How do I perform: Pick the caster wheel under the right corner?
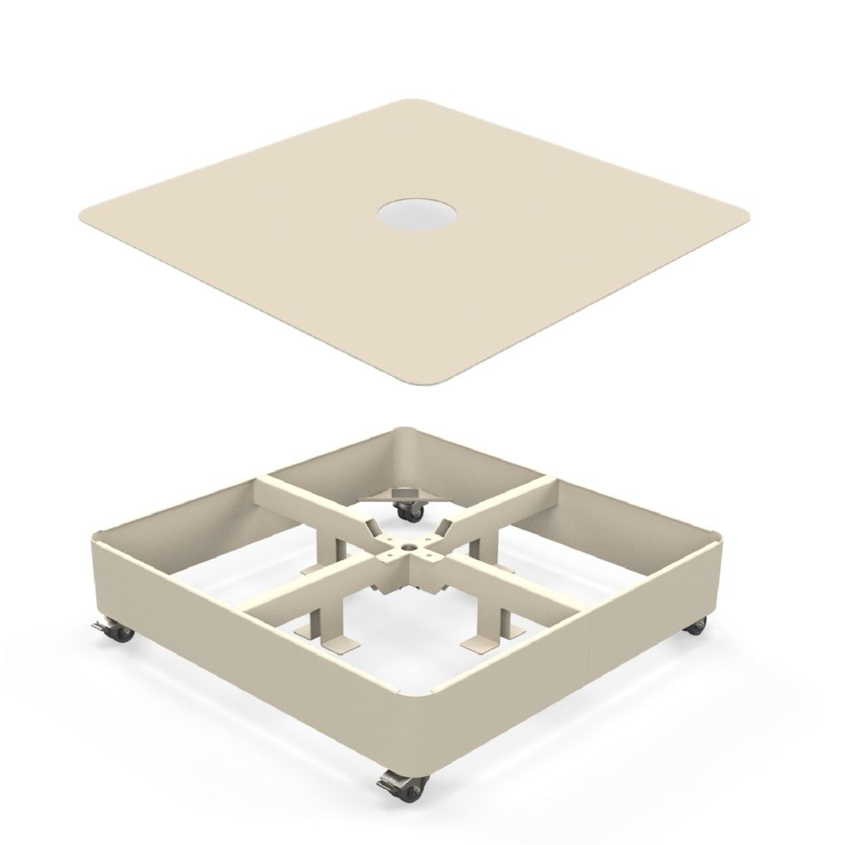[x=696, y=626]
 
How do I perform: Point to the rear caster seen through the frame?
[x=408, y=512]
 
